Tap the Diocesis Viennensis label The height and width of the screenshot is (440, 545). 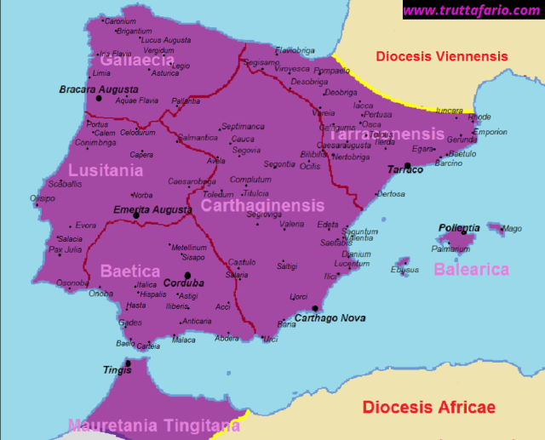[x=442, y=57]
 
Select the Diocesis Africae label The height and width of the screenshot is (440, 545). [x=428, y=407]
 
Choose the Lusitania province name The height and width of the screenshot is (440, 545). [x=106, y=171]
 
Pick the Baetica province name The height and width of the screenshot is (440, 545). [x=130, y=271]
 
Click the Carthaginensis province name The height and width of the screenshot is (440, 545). [x=262, y=206]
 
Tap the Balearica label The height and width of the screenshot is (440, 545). [x=471, y=270]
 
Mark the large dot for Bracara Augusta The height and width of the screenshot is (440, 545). [x=99, y=99]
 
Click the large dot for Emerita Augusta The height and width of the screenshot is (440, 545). [x=136, y=215]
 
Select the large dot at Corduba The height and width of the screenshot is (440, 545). [x=188, y=275]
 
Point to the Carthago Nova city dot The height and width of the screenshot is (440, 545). [x=315, y=309]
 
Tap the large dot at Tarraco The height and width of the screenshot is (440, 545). [x=408, y=165]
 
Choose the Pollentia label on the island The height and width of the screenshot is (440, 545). [x=459, y=228]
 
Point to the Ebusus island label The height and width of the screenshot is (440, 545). [x=404, y=271]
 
